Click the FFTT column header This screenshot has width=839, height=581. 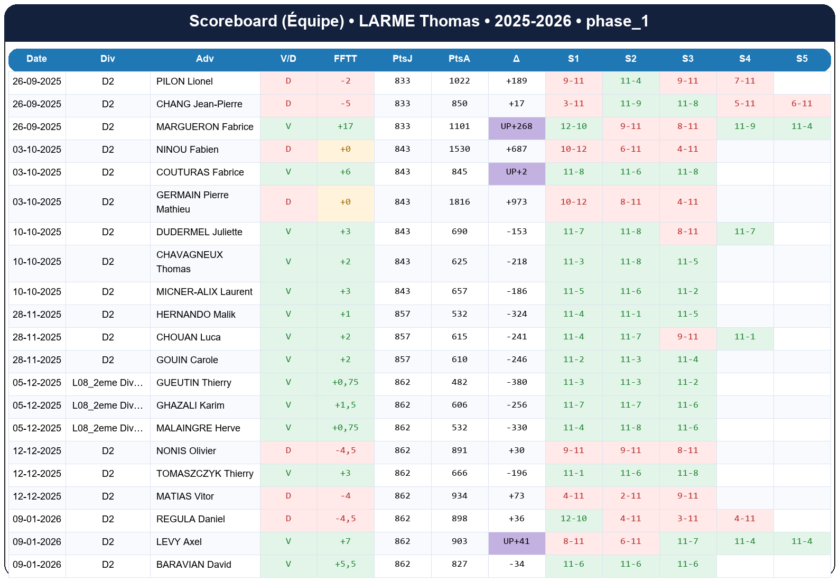pyautogui.click(x=345, y=59)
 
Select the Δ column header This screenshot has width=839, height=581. pyautogui.click(x=516, y=59)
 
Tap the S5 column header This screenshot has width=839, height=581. pyautogui.click(x=801, y=59)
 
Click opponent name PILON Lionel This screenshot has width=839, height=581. pyautogui.click(x=184, y=81)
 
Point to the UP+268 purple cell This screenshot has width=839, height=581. pyautogui.click(x=516, y=126)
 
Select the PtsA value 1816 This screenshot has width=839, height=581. pyautogui.click(x=459, y=202)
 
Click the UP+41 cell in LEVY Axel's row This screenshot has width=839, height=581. pyautogui.click(x=516, y=541)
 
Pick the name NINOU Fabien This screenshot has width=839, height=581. pyautogui.click(x=187, y=150)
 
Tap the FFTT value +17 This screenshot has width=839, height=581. pyautogui.click(x=345, y=126)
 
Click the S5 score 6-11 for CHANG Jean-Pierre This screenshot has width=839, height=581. pyautogui.click(x=801, y=104)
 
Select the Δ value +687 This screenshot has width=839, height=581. pyautogui.click(x=516, y=149)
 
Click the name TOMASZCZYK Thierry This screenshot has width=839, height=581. pyautogui.click(x=204, y=474)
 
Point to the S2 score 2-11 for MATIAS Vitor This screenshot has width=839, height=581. pyautogui.click(x=630, y=496)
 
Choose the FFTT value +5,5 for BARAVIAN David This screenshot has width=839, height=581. pyautogui.click(x=345, y=564)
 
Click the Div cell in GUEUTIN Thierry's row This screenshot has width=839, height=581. pyautogui.click(x=107, y=383)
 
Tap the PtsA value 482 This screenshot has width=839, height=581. pyautogui.click(x=459, y=382)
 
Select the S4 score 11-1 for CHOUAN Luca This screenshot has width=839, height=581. pyautogui.click(x=744, y=337)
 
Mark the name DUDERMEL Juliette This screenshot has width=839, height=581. pyautogui.click(x=199, y=232)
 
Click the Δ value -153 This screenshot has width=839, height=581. pyautogui.click(x=516, y=232)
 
